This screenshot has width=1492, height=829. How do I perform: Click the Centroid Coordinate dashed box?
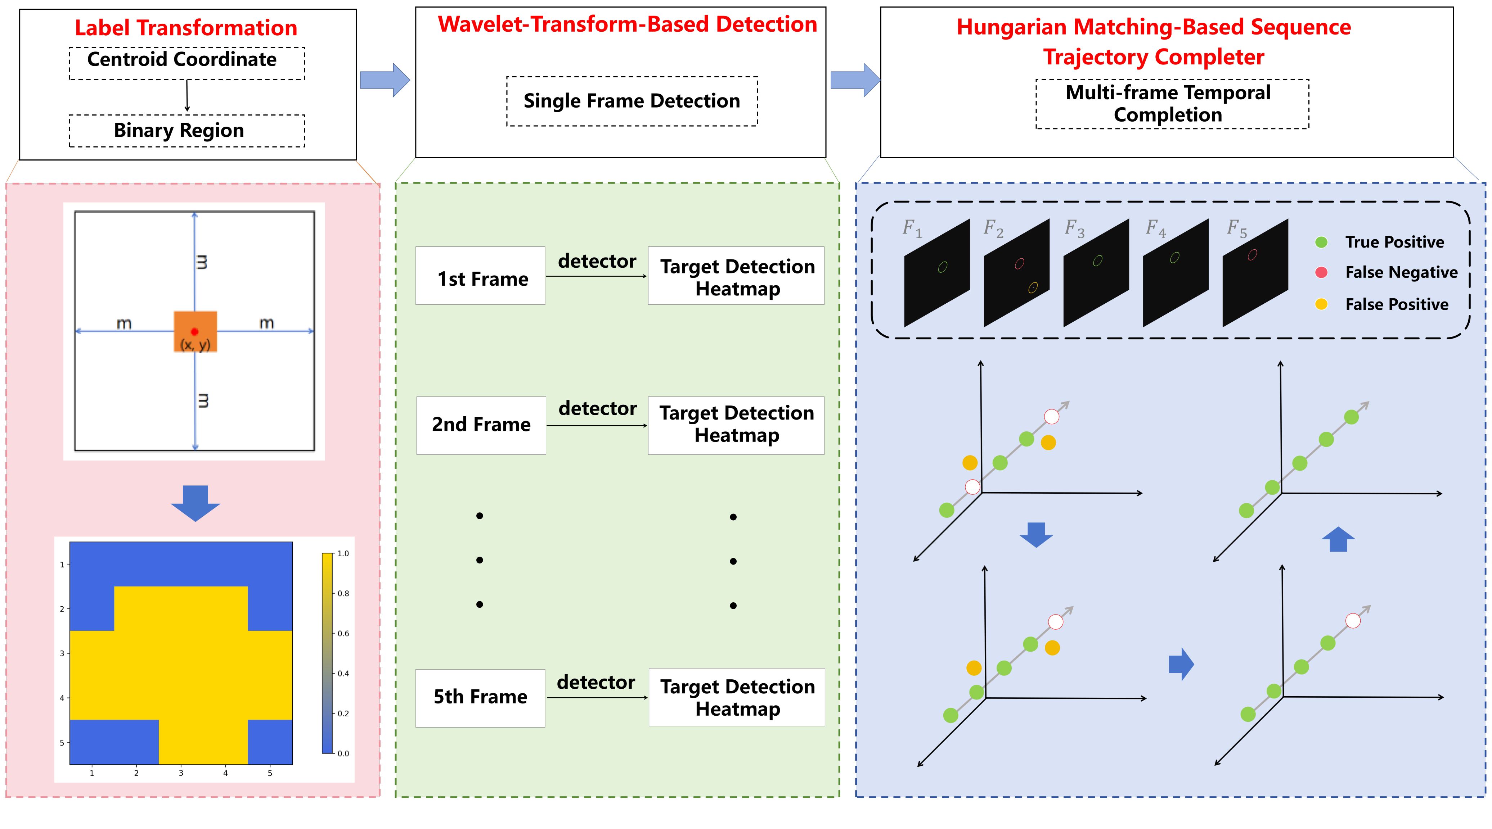(x=186, y=63)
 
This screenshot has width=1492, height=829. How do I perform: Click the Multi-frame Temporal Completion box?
(x=1172, y=104)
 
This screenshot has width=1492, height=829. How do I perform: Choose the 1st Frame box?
(x=480, y=276)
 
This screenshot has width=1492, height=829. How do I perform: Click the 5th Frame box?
(x=480, y=698)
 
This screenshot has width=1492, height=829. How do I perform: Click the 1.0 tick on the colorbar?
(x=343, y=553)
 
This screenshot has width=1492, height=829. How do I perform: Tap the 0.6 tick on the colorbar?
(x=343, y=633)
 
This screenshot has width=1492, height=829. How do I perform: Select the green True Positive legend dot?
(x=1321, y=242)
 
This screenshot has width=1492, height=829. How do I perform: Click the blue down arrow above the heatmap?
(x=195, y=503)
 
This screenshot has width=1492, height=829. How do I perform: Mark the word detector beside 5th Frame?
(x=596, y=683)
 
